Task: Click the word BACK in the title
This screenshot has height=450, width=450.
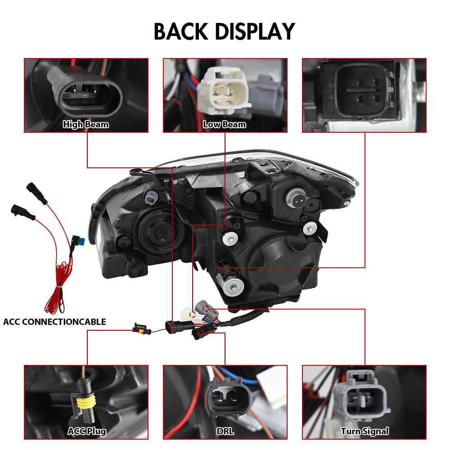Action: coord(181,31)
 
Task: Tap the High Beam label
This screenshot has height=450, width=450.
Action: coord(86,125)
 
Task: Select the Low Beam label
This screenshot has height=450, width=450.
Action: coord(225,125)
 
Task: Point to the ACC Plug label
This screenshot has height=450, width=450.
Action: coord(87,432)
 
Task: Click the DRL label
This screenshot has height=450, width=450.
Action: coord(225,432)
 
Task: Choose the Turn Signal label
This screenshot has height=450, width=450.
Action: coord(365,432)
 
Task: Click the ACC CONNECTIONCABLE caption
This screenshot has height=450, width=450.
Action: coord(54,322)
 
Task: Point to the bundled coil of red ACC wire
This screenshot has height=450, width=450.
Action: coord(59,287)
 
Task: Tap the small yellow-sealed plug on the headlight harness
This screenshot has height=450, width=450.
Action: coord(142,329)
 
